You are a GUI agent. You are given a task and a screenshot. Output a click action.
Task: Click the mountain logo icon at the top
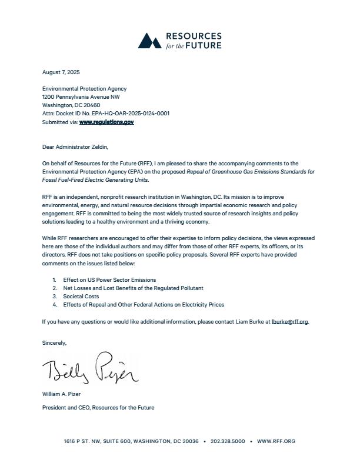[x=149, y=40]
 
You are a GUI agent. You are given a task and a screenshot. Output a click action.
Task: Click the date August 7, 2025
[x=61, y=72]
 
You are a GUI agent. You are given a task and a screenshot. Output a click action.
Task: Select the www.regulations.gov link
[x=106, y=122]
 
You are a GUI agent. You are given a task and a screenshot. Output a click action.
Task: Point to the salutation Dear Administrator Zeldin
[x=75, y=147]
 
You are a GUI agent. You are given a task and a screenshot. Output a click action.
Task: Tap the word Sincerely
[x=54, y=342]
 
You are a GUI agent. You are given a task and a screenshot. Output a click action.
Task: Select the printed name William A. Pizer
[x=61, y=394]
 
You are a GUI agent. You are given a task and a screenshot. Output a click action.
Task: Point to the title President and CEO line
[x=98, y=407]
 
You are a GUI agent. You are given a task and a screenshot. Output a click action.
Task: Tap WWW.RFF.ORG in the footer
[x=276, y=441]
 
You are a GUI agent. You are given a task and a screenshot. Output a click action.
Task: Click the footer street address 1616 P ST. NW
[x=85, y=441]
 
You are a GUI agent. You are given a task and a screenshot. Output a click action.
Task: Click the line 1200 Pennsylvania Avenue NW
[x=81, y=97]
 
